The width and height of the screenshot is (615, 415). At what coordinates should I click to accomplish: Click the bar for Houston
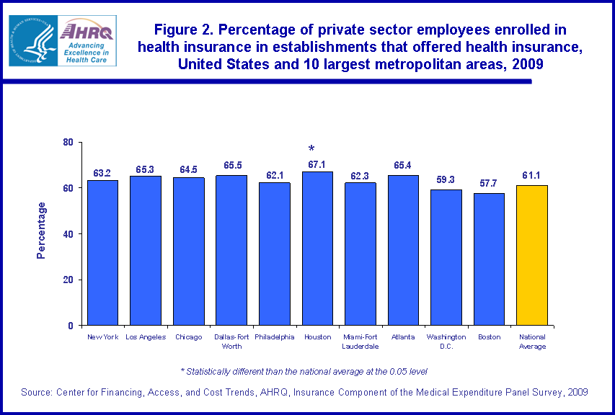point(317,249)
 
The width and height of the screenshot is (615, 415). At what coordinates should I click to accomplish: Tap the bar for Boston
point(489,259)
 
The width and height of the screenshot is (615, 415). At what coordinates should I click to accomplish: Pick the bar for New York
point(102,253)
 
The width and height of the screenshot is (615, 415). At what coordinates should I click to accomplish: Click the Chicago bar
point(188,251)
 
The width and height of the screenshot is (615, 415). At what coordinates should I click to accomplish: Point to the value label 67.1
point(317,165)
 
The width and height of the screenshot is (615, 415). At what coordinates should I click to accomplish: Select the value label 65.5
point(231,166)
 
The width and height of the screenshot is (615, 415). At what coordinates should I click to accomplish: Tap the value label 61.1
point(532,175)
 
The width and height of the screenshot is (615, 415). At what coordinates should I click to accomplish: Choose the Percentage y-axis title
point(42,231)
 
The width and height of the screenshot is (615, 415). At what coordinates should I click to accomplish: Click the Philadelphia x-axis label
point(275,336)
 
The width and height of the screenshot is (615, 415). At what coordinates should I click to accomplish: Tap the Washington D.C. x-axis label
point(446,341)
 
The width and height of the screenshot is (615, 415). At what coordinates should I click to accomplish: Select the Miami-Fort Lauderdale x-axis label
point(360,341)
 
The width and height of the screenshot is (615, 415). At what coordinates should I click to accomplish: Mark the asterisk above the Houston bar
point(311,149)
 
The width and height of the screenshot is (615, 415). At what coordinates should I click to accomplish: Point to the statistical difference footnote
point(304,371)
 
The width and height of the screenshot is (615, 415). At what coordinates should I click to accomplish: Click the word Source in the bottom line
point(37,392)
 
